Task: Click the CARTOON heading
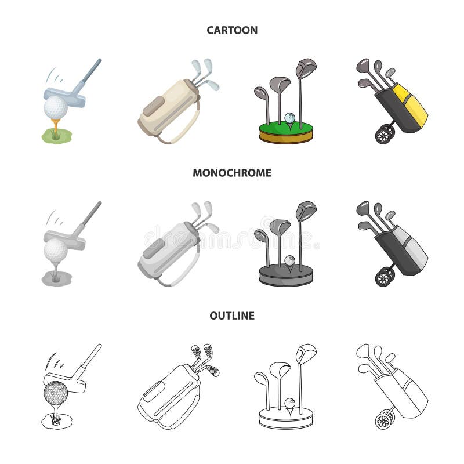232,30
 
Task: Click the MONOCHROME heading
232,173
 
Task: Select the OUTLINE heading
232,316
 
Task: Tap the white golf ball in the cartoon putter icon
56,107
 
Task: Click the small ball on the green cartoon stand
290,118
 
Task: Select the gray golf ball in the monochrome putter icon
56,249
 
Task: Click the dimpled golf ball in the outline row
56,393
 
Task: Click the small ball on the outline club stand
289,401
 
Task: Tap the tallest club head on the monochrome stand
306,211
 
